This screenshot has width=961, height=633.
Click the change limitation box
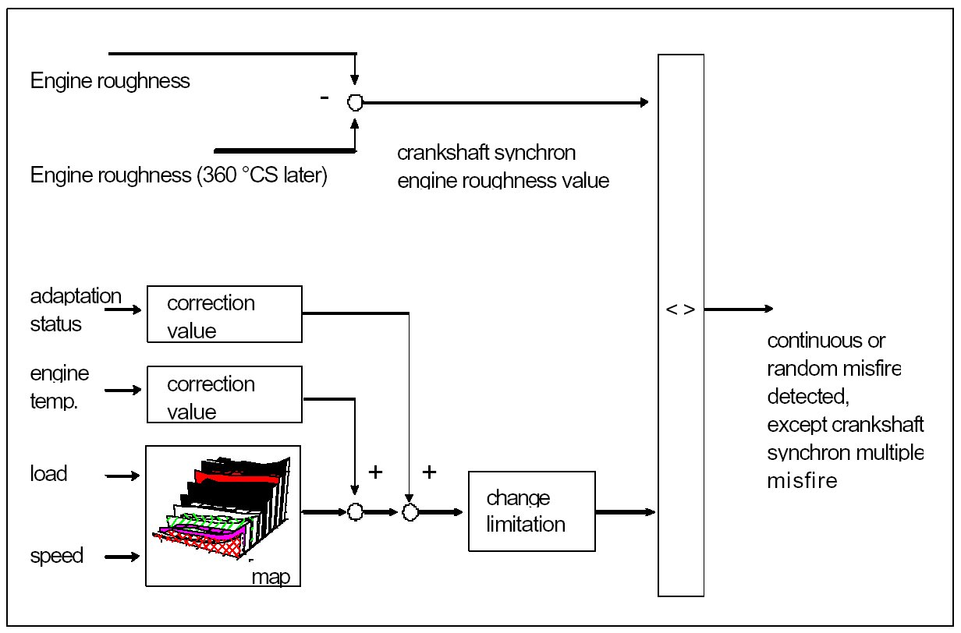click(531, 511)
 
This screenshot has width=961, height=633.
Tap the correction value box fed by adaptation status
click(224, 313)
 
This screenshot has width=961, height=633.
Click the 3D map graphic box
click(223, 515)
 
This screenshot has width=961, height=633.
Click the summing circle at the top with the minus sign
click(355, 102)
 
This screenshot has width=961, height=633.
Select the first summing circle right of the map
click(355, 512)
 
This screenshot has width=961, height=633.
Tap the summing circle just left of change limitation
click(410, 512)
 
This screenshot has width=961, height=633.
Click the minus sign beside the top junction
click(324, 98)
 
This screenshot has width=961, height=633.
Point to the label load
click(49, 474)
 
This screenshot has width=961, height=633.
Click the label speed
click(56, 557)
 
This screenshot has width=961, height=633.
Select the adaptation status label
click(76, 310)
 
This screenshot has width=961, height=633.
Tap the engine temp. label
click(59, 387)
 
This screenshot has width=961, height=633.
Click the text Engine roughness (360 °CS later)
click(179, 176)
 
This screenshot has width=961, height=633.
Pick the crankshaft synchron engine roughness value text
click(502, 166)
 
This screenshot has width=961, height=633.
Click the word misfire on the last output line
click(802, 481)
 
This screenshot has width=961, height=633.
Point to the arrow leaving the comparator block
click(738, 309)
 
